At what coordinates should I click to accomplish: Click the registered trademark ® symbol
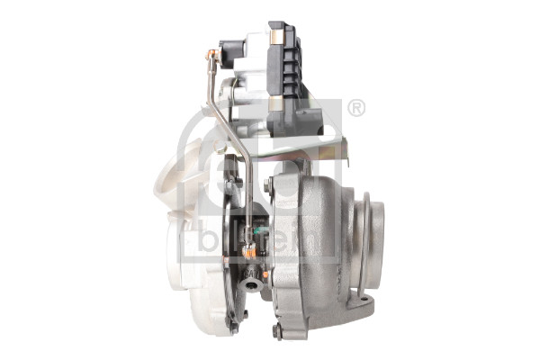tap(355, 109)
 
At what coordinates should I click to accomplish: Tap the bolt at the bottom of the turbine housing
tap(277, 331)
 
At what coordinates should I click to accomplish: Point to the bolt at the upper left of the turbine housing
tap(269, 185)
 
